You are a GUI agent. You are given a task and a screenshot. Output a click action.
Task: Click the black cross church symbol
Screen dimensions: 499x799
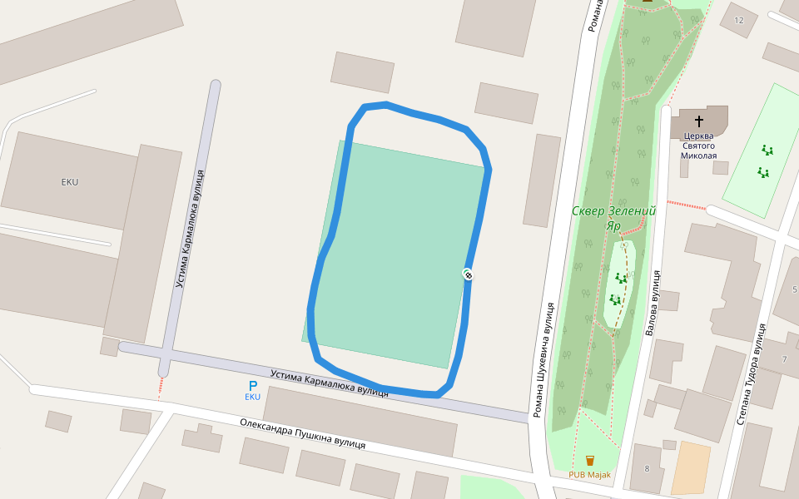(699, 121)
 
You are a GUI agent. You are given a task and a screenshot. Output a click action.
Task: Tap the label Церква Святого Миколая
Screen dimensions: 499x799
(698, 146)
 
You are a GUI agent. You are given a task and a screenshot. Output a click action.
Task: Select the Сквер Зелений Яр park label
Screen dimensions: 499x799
(613, 218)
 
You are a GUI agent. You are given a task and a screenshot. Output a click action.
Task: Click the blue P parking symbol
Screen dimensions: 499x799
(253, 386)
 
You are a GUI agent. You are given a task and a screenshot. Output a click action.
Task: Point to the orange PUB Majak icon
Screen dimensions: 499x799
(590, 460)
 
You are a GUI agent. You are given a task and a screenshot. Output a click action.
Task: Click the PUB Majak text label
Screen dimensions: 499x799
(589, 475)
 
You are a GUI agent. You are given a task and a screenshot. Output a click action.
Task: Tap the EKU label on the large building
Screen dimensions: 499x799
(70, 181)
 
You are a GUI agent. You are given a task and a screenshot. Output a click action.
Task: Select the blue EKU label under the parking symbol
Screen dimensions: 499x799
(252, 398)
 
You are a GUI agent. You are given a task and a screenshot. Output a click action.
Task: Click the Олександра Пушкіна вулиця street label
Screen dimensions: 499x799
(303, 433)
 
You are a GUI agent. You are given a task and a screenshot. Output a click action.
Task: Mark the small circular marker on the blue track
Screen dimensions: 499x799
(469, 274)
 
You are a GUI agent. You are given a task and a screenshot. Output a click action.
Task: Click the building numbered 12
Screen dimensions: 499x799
(739, 20)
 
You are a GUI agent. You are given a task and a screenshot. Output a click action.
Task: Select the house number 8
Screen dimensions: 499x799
(647, 469)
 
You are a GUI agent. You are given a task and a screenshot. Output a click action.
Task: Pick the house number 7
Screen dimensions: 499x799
(784, 359)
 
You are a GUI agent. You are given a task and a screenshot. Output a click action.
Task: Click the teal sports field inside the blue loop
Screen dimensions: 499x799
(391, 249)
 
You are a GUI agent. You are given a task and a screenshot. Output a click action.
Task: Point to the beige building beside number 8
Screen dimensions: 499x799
(690, 468)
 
